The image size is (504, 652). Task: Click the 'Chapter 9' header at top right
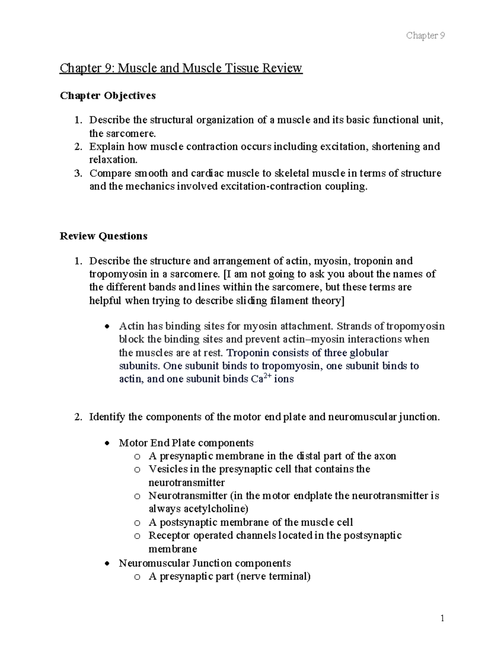425,35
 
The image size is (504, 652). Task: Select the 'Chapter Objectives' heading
108,96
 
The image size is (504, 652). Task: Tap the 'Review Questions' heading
103,236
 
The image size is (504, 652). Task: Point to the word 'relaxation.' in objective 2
113,160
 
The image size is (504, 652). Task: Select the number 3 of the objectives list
77,173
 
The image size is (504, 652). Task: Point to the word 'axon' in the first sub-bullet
385,456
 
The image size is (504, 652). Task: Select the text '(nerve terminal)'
273,576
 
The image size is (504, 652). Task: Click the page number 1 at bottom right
442,618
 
